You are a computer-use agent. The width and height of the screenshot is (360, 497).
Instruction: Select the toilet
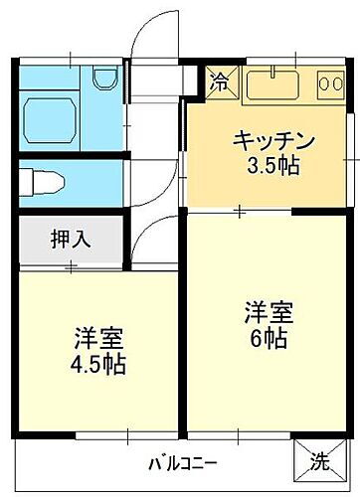(46, 182)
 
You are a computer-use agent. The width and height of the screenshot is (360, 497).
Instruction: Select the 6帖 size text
(268, 339)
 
